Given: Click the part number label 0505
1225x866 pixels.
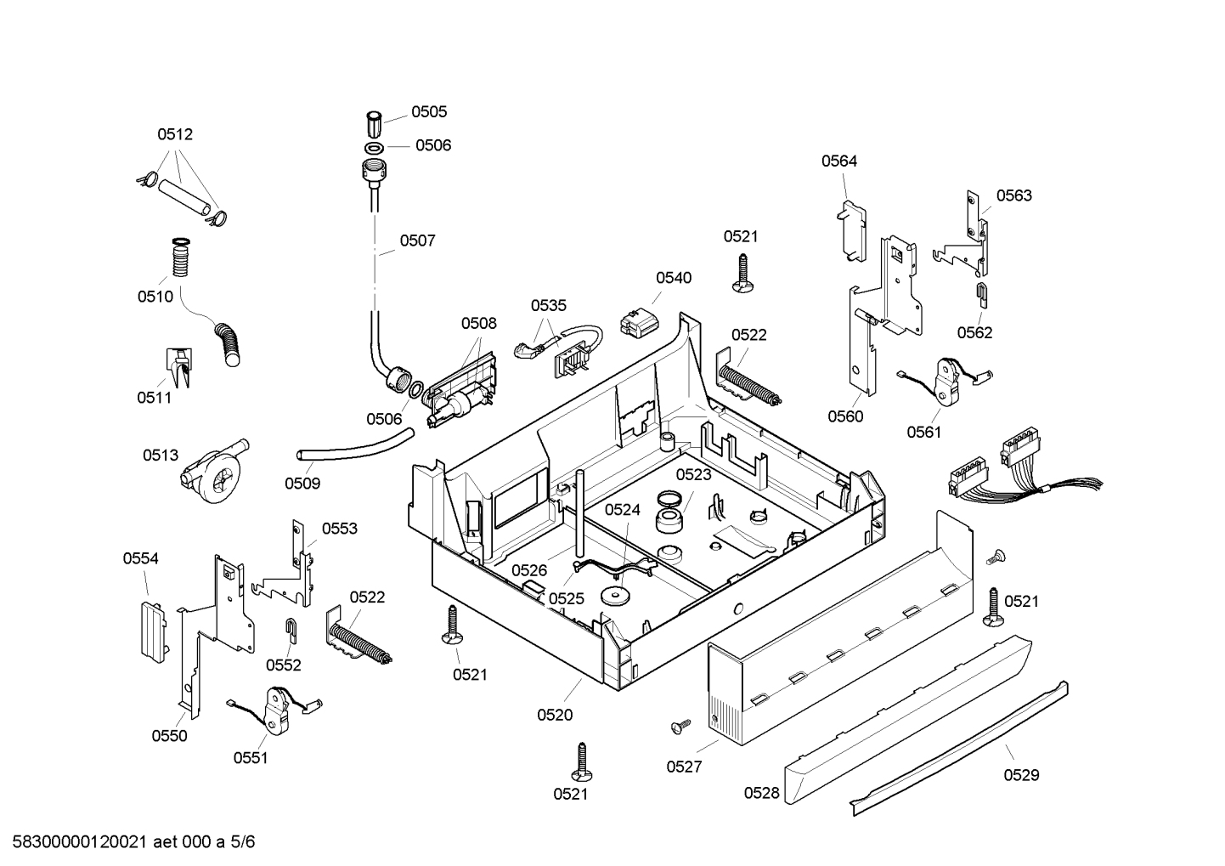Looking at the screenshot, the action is coord(429,111).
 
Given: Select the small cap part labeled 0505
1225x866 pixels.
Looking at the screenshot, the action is coord(374,124).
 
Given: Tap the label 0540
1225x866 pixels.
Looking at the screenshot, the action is coord(674,278).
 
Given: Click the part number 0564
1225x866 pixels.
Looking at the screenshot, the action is coord(839,161).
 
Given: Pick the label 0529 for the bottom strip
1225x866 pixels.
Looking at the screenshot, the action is coord(1022,775).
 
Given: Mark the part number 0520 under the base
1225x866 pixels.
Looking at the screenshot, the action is coord(555,715).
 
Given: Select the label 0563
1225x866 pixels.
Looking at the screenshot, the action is coord(1014,195).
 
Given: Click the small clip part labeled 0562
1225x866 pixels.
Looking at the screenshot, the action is coord(983,296).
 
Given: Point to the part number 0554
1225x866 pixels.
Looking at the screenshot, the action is coord(140,558).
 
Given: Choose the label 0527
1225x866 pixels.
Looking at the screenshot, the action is coord(684,767).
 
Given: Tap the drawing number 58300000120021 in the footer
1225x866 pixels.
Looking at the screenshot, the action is coord(80,842).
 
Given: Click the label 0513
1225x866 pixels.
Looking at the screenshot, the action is coord(161,456).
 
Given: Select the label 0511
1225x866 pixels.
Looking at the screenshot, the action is coord(155,398).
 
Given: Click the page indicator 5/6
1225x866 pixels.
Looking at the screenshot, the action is coord(242,842).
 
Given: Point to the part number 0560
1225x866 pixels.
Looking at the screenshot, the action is coord(845,417).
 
